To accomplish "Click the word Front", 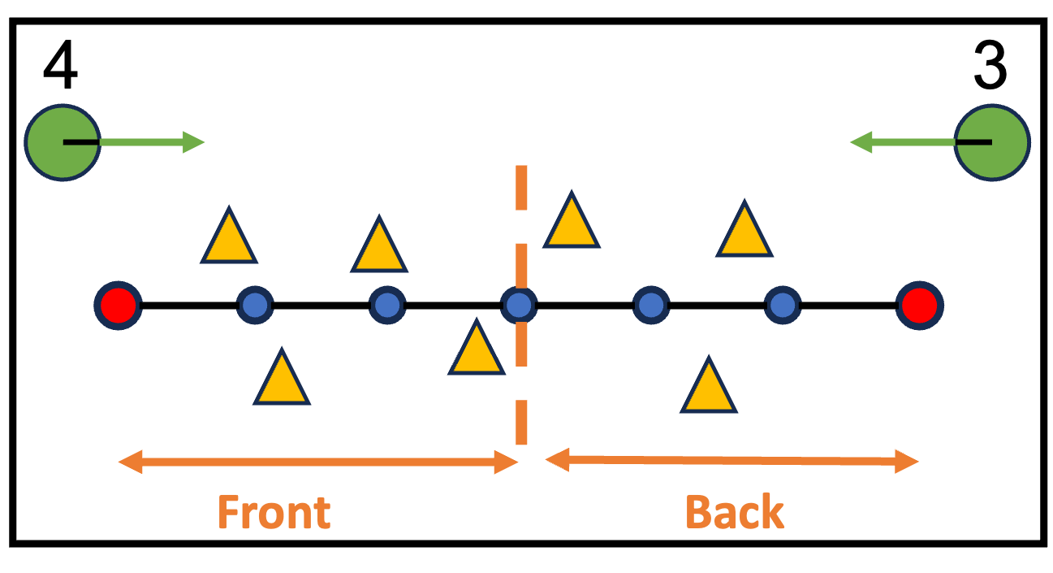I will click(274, 513).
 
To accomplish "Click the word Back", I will click(735, 513).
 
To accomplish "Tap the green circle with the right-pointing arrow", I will click(63, 142).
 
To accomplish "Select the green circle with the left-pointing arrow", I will click(991, 142).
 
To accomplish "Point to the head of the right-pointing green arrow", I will click(195, 142).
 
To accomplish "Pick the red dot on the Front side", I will click(119, 305).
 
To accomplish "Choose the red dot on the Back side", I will click(919, 305).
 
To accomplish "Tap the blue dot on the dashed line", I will click(519, 305).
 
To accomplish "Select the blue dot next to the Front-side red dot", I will click(255, 305).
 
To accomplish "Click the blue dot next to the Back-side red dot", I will click(782, 305).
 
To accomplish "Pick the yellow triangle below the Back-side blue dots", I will click(709, 389).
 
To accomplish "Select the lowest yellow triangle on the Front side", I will click(282, 380).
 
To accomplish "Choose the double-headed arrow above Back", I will click(731, 461).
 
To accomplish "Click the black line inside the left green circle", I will click(80, 142).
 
